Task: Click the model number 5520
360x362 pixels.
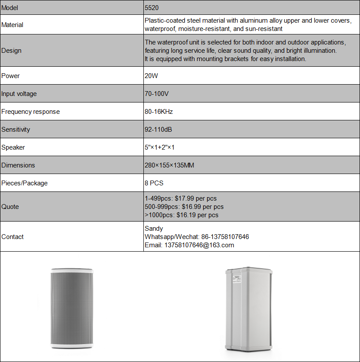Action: (x=152, y=8)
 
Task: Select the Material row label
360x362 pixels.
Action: (x=12, y=25)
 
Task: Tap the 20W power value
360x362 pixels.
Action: (x=152, y=76)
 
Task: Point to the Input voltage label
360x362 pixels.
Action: (x=19, y=94)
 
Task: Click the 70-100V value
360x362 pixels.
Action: (x=156, y=94)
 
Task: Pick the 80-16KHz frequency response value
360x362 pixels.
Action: (x=159, y=112)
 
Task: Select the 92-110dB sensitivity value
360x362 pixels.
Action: (x=159, y=130)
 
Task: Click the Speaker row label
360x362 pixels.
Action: (x=13, y=147)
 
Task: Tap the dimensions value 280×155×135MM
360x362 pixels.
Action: (x=169, y=165)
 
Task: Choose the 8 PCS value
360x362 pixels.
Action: (x=154, y=183)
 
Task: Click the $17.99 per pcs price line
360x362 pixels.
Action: (x=182, y=198)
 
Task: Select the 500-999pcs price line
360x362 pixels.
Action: (x=184, y=207)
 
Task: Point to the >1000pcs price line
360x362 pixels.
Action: (x=181, y=215)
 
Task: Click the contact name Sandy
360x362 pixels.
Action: (x=154, y=229)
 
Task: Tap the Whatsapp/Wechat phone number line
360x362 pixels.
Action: (x=197, y=237)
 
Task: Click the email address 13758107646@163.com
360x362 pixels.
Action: (x=189, y=245)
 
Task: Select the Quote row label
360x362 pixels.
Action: (x=10, y=207)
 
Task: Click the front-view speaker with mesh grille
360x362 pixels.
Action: (x=71, y=307)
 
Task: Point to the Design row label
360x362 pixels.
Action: (x=11, y=51)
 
